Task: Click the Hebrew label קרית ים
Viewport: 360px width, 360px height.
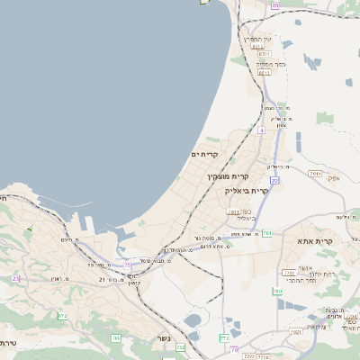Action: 205,154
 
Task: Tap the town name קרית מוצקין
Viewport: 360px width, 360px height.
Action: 227,176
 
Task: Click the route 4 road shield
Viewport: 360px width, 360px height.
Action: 261,130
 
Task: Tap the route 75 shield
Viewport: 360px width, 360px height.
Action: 181,346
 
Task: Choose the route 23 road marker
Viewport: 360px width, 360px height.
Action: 16,279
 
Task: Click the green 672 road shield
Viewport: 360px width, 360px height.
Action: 62,316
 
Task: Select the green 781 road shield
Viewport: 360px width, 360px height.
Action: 266,233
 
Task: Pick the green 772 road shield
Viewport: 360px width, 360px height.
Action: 223,337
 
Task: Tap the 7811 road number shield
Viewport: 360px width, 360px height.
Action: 231,212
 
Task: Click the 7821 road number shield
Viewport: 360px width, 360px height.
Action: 320,331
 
